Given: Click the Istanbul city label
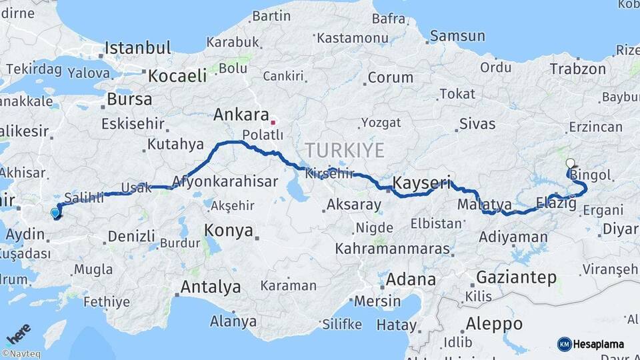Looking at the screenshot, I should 138,48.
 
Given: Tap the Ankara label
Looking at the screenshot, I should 241,115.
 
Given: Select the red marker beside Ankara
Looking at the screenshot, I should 273,123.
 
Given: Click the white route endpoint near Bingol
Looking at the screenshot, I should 569,163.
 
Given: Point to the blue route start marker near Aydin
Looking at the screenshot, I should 55,213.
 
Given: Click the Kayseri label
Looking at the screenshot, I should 422,182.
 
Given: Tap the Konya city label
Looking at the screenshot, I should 229,231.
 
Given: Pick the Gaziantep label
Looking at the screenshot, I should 516,277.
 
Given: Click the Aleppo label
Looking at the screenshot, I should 494,324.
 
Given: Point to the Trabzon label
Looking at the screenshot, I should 577,68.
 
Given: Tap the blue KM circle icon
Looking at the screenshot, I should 564,344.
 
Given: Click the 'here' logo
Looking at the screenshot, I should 18,333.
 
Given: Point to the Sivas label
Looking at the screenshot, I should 477,124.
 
